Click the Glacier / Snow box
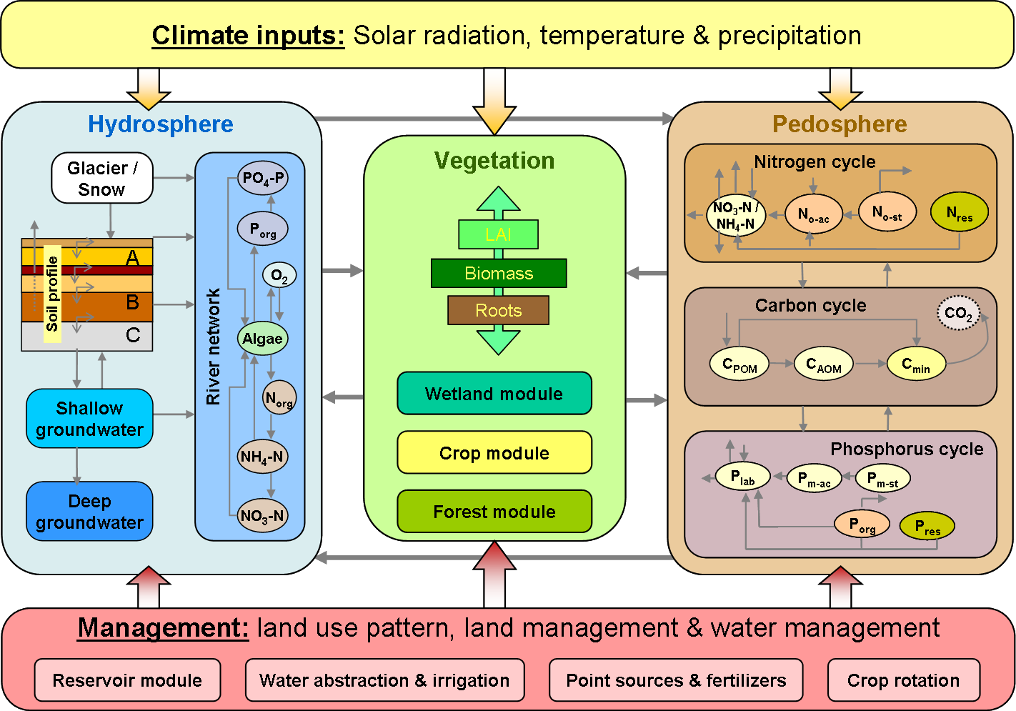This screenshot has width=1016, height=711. click(x=102, y=178)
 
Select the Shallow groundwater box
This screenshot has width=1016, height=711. click(x=89, y=419)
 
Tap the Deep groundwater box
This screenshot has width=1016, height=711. click(x=89, y=512)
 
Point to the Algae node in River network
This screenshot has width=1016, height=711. click(x=262, y=339)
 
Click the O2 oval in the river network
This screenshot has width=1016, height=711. click(x=279, y=276)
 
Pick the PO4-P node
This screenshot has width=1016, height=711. click(x=263, y=178)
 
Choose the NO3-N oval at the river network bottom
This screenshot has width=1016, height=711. click(x=262, y=516)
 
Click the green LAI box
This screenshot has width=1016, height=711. click(x=498, y=234)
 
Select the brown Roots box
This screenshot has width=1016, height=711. click(x=498, y=310)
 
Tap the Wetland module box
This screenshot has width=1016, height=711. click(x=494, y=394)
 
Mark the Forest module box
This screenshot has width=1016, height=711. click(x=494, y=512)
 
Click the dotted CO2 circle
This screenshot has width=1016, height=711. click(x=958, y=313)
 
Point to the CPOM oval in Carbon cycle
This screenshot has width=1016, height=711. click(x=739, y=364)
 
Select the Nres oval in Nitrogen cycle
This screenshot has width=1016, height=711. click(x=959, y=213)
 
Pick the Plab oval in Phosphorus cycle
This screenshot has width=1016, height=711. click(x=742, y=477)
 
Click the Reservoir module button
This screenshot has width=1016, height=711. click(x=127, y=680)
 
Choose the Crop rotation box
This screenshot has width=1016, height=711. click(x=903, y=680)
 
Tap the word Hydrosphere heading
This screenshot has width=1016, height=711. click(x=161, y=124)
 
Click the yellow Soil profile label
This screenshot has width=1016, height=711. click(x=52, y=294)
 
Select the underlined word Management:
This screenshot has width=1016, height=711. click(x=163, y=628)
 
